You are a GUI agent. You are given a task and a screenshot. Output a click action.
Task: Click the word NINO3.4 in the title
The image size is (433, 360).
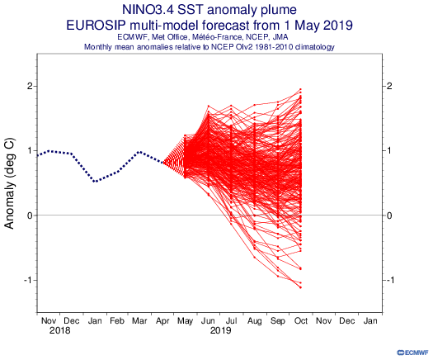coord(148,10)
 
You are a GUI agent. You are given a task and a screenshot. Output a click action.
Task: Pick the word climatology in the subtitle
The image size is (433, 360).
coord(314,47)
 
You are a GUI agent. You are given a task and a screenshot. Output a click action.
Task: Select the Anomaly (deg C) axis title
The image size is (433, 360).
coord(9,183)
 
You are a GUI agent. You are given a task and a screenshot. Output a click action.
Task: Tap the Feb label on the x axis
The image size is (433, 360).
coord(116,320)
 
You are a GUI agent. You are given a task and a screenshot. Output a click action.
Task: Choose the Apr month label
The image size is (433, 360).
coord(162,321)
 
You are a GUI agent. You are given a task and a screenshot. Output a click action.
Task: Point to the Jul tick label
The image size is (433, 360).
coord(231,320)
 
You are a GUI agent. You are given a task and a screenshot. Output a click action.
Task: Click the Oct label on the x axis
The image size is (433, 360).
coord(301,320)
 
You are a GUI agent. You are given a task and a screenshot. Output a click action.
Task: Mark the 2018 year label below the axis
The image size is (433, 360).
coord(60,330)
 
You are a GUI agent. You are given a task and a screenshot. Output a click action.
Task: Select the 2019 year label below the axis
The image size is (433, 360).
coord(220,330)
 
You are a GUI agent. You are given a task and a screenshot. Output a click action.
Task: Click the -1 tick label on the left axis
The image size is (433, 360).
coord(27,280)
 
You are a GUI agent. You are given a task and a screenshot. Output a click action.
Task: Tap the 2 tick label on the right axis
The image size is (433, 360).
coord(389,86)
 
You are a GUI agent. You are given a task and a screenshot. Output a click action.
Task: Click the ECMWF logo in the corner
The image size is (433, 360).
coord(412,353)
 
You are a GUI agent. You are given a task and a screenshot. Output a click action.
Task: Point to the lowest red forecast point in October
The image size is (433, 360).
coord(300,287)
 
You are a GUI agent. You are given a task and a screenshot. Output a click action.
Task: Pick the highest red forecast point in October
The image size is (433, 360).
coord(300,89)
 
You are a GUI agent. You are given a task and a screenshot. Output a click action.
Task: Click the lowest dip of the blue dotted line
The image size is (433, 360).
coord(95,182)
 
